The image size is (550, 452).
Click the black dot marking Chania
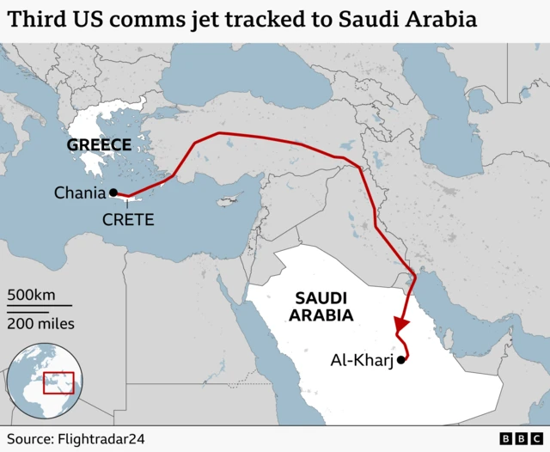113,192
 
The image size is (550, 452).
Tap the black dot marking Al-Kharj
400,360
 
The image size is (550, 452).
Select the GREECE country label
99,144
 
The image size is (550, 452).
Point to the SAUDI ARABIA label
321,307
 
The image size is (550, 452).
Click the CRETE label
128,220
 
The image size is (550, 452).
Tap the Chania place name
79,192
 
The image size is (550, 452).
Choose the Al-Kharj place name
361,361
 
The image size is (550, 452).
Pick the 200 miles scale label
40,324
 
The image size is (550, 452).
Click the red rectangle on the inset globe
59,383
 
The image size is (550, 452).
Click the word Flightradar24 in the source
102,438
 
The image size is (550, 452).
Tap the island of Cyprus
227,203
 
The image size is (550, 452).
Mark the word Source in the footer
29,438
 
